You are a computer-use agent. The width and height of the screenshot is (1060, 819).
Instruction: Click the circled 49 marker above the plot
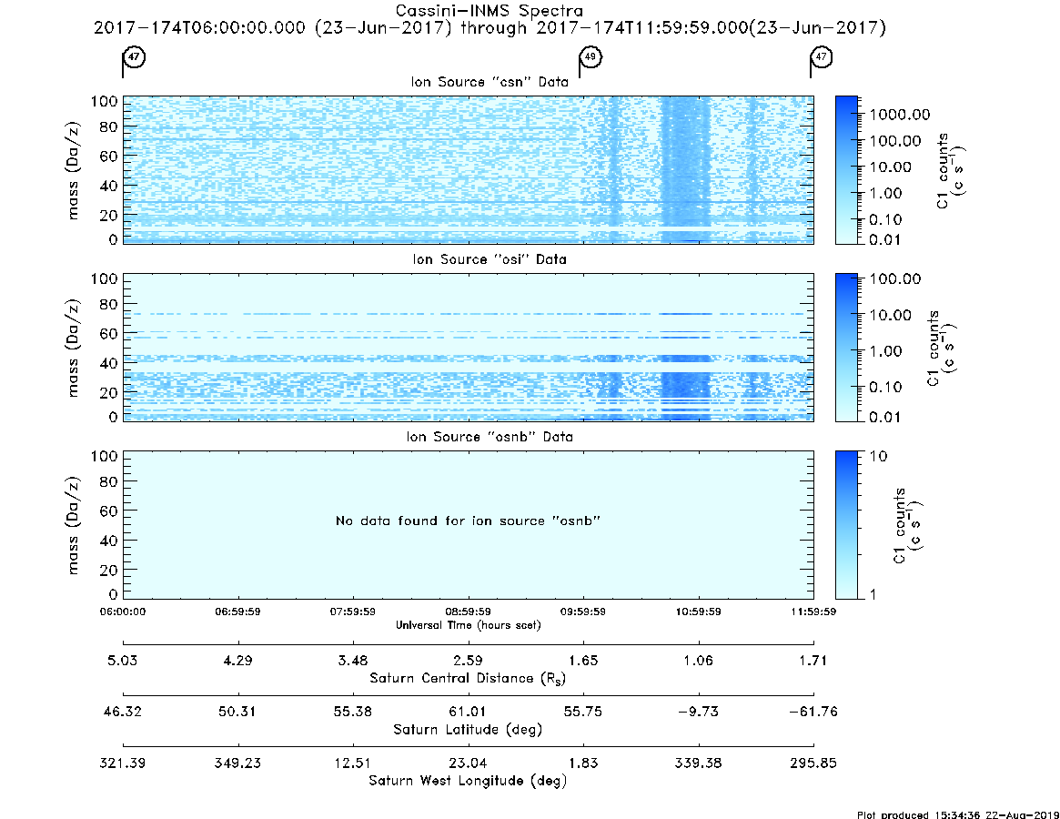tap(591, 56)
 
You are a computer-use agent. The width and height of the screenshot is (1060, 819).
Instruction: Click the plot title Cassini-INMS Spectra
tap(490, 11)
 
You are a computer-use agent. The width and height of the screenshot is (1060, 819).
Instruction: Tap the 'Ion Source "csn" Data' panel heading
tap(490, 82)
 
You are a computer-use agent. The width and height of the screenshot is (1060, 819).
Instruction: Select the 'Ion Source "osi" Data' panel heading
tap(490, 259)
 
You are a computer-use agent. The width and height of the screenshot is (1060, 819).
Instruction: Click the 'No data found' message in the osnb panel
tap(468, 521)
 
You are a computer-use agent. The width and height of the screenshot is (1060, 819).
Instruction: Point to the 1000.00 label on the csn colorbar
tap(900, 115)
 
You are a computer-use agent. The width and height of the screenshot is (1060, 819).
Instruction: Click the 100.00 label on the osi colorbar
tap(895, 278)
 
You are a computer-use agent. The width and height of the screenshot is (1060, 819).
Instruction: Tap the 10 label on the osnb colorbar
tap(878, 456)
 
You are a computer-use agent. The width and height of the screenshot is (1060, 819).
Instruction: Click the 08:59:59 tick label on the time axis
tap(468, 612)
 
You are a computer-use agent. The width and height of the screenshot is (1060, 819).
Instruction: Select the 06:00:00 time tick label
tap(123, 612)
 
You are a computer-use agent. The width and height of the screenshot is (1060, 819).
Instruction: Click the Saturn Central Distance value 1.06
tap(699, 660)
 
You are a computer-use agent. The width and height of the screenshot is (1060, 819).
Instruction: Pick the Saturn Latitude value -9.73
tap(699, 712)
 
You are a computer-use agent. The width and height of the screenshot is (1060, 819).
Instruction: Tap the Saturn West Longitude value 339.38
tap(699, 763)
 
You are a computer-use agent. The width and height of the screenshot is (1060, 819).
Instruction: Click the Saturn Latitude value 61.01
tap(468, 712)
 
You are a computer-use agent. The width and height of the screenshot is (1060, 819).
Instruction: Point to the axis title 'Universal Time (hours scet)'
tap(468, 625)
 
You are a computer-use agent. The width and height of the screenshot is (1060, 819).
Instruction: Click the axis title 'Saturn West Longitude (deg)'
tap(468, 781)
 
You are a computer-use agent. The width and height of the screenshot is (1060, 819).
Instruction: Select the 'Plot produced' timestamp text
tap(958, 814)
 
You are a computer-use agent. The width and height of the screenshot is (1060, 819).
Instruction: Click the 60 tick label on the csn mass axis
tap(109, 157)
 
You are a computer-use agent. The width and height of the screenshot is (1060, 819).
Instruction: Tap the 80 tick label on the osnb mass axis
tap(109, 482)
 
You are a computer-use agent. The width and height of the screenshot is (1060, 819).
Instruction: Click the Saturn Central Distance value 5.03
tap(122, 660)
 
